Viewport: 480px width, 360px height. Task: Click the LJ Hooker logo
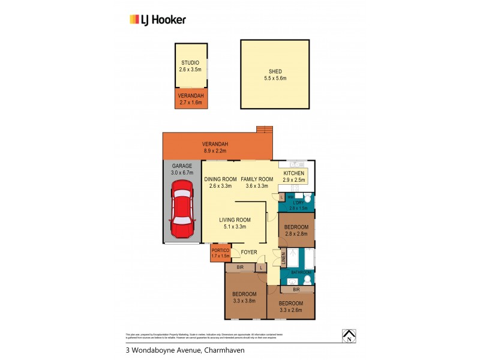tap(158, 19)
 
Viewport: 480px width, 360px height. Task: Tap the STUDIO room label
tap(190, 62)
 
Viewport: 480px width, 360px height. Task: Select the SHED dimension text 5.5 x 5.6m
tap(275, 78)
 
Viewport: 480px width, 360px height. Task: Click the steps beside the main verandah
tap(264, 130)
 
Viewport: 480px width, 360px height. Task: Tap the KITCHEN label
tap(294, 173)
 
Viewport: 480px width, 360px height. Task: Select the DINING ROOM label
tap(220, 179)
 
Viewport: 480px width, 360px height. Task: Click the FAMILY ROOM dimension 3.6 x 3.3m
tap(257, 186)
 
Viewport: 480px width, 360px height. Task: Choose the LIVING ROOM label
tap(235, 220)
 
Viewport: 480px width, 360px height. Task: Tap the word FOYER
tap(248, 253)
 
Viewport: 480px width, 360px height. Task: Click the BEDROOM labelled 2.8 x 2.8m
tap(296, 227)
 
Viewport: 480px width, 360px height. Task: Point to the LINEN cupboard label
tap(284, 259)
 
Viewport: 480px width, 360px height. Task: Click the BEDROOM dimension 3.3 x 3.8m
tap(244, 301)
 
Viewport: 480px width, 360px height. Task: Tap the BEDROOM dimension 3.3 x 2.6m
tap(291, 310)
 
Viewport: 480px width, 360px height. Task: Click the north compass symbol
tap(347, 336)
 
